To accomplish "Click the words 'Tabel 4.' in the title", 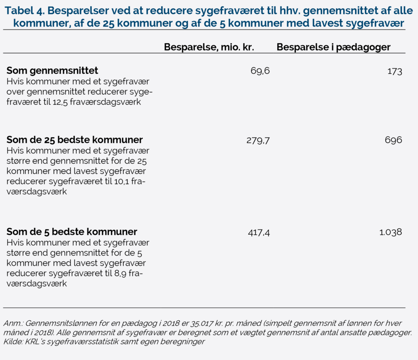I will [x=24, y=11].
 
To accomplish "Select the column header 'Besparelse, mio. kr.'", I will [x=209, y=47].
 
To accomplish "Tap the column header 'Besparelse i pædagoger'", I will [x=334, y=47].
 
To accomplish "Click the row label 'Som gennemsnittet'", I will [x=52, y=70].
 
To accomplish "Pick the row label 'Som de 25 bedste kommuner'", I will [x=75, y=140].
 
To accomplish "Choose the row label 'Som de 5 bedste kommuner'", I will [x=72, y=232].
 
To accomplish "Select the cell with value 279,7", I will [x=258, y=140].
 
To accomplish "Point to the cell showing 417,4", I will [x=259, y=233].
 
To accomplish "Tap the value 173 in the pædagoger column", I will [x=395, y=71].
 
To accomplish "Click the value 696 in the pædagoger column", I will [x=394, y=140].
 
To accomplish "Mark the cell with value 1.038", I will [x=391, y=232].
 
